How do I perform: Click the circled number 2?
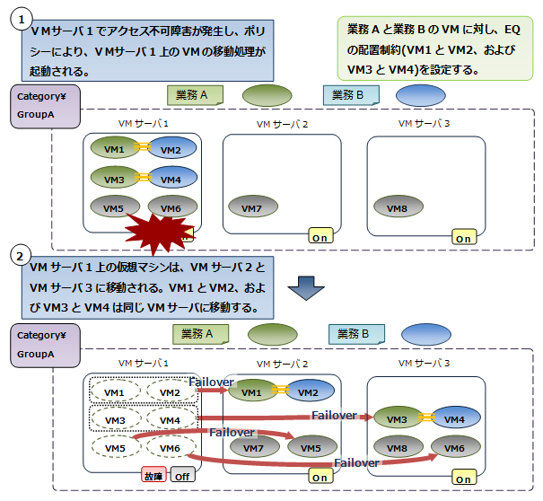click(x=19, y=255)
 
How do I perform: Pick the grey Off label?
click(x=182, y=476)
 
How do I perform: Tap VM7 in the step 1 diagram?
click(x=252, y=208)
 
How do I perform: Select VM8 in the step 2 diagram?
click(x=397, y=448)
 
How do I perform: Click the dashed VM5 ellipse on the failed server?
click(x=115, y=448)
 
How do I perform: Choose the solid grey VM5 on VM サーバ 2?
click(x=310, y=448)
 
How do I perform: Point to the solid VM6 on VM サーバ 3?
click(x=454, y=448)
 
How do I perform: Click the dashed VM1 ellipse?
click(x=115, y=392)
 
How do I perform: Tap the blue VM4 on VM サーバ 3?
click(x=454, y=419)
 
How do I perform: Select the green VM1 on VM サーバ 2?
click(x=252, y=392)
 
